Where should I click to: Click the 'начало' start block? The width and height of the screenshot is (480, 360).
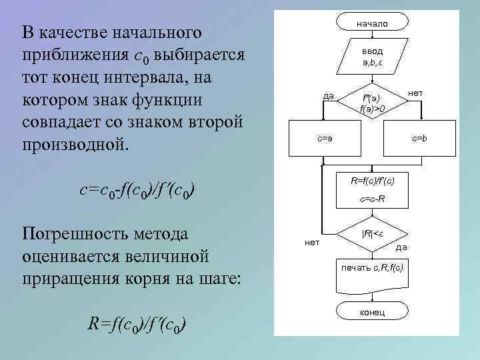(372, 23)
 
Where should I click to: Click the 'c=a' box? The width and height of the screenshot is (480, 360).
(324, 139)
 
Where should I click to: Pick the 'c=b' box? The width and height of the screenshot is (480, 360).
(419, 139)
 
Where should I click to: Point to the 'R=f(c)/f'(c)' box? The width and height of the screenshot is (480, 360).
(372, 181)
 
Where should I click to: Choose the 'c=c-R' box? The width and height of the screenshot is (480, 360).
(372, 199)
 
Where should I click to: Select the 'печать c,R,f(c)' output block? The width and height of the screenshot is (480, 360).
(372, 268)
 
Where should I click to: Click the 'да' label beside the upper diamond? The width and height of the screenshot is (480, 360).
(328, 95)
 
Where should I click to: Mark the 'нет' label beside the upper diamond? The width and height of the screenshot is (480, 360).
(415, 93)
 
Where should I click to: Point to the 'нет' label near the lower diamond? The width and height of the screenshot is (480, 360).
(311, 242)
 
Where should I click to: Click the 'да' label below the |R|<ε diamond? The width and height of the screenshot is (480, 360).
(401, 248)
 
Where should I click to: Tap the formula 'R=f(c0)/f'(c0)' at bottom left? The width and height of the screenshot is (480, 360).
(137, 325)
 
